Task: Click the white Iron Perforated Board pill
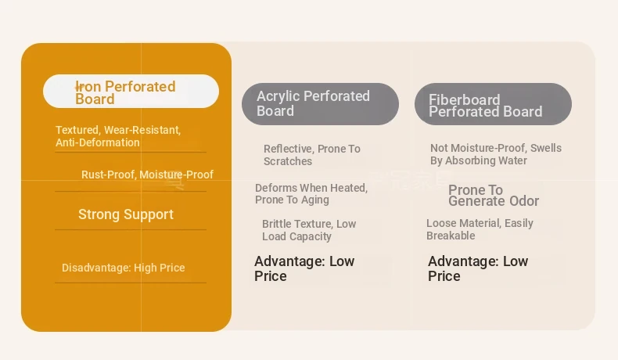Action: (131, 91)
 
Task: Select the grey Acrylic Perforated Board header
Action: (320, 104)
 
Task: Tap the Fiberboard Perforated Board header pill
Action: (493, 104)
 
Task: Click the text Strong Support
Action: (126, 214)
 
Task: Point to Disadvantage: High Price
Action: (124, 268)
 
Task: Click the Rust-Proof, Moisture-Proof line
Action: (147, 175)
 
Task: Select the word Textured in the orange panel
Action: (77, 130)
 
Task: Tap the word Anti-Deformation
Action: (98, 142)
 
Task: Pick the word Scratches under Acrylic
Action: (288, 161)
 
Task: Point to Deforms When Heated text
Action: (311, 188)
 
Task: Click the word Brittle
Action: (277, 224)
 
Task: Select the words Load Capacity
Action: (296, 236)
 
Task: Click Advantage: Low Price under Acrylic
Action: (304, 268)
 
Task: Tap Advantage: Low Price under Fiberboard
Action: (478, 268)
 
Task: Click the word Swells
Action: (546, 148)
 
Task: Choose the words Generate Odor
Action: (494, 201)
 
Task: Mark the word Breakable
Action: (451, 236)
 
